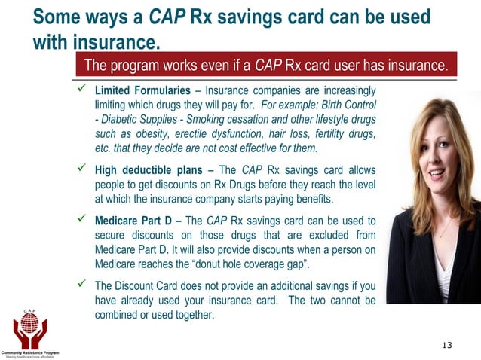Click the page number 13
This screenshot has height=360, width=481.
447,345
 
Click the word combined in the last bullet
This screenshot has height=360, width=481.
120,315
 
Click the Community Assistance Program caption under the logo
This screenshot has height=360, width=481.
30,352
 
